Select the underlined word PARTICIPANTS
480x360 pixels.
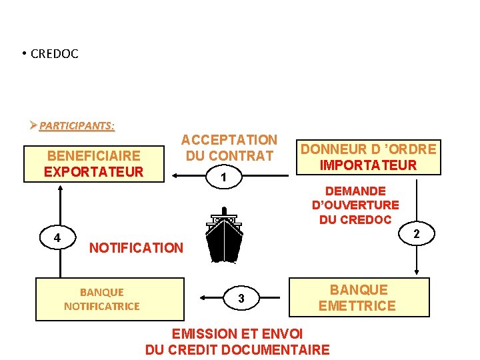[77, 125]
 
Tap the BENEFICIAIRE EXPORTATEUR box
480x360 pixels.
[94, 163]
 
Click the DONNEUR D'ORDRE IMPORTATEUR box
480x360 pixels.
[368, 157]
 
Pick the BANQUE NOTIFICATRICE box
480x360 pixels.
[102, 299]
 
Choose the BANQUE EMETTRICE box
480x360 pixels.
[358, 297]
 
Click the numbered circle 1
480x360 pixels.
[225, 177]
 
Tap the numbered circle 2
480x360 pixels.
[415, 233]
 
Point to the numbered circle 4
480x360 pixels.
[57, 237]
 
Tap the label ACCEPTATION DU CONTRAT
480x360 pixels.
[229, 147]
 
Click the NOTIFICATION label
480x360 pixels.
[136, 248]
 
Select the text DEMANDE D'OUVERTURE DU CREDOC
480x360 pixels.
[355, 205]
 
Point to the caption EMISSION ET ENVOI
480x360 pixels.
[237, 333]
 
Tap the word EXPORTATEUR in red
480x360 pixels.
[94, 172]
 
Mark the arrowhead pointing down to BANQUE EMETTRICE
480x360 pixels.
[417, 271]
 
